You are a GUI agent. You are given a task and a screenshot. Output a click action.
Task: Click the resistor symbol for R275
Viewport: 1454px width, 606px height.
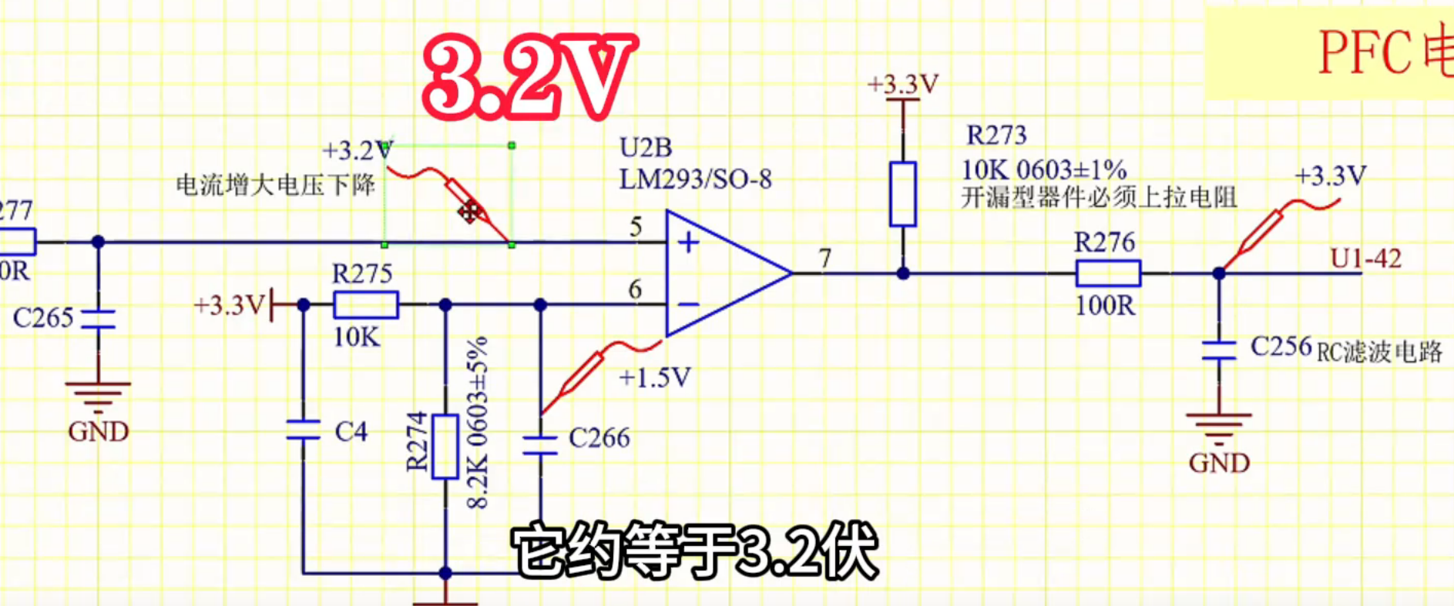(365, 305)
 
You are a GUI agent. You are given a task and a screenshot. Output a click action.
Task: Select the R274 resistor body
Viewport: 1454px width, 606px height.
(445, 446)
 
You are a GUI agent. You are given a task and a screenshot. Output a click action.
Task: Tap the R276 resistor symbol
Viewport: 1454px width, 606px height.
(1107, 273)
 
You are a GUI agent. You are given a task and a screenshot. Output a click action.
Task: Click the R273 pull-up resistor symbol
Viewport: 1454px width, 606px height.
(903, 194)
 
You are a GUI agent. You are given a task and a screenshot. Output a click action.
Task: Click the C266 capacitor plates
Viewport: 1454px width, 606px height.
(540, 445)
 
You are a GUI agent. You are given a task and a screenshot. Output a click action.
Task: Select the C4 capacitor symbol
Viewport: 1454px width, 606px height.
(303, 430)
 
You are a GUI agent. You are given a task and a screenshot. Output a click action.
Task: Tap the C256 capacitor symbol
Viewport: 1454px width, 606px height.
(1218, 350)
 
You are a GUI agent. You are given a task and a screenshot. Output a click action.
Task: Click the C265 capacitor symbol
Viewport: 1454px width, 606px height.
(98, 319)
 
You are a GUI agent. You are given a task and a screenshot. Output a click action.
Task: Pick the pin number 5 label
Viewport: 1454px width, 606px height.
(636, 226)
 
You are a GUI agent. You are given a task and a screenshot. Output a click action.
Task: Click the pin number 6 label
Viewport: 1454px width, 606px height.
(635, 290)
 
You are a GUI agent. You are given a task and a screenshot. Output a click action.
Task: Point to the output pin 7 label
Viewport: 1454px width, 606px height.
(825, 258)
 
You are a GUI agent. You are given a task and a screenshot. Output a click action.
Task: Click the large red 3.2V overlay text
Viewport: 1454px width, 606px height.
(529, 77)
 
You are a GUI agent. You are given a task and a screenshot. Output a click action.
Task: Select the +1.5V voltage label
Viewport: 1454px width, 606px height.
(655, 377)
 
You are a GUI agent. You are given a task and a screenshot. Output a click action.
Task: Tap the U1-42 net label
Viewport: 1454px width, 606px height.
(1365, 259)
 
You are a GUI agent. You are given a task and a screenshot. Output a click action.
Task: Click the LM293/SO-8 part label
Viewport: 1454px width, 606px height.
(695, 179)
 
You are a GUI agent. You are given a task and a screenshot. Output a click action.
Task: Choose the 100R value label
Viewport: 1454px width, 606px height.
(1105, 306)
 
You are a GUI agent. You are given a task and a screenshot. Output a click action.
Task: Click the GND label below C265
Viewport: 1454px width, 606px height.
(98, 431)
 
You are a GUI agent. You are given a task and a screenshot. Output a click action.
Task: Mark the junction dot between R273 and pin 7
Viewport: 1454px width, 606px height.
(903, 273)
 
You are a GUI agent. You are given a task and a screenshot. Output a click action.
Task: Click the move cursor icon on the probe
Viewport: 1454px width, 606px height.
(468, 211)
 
